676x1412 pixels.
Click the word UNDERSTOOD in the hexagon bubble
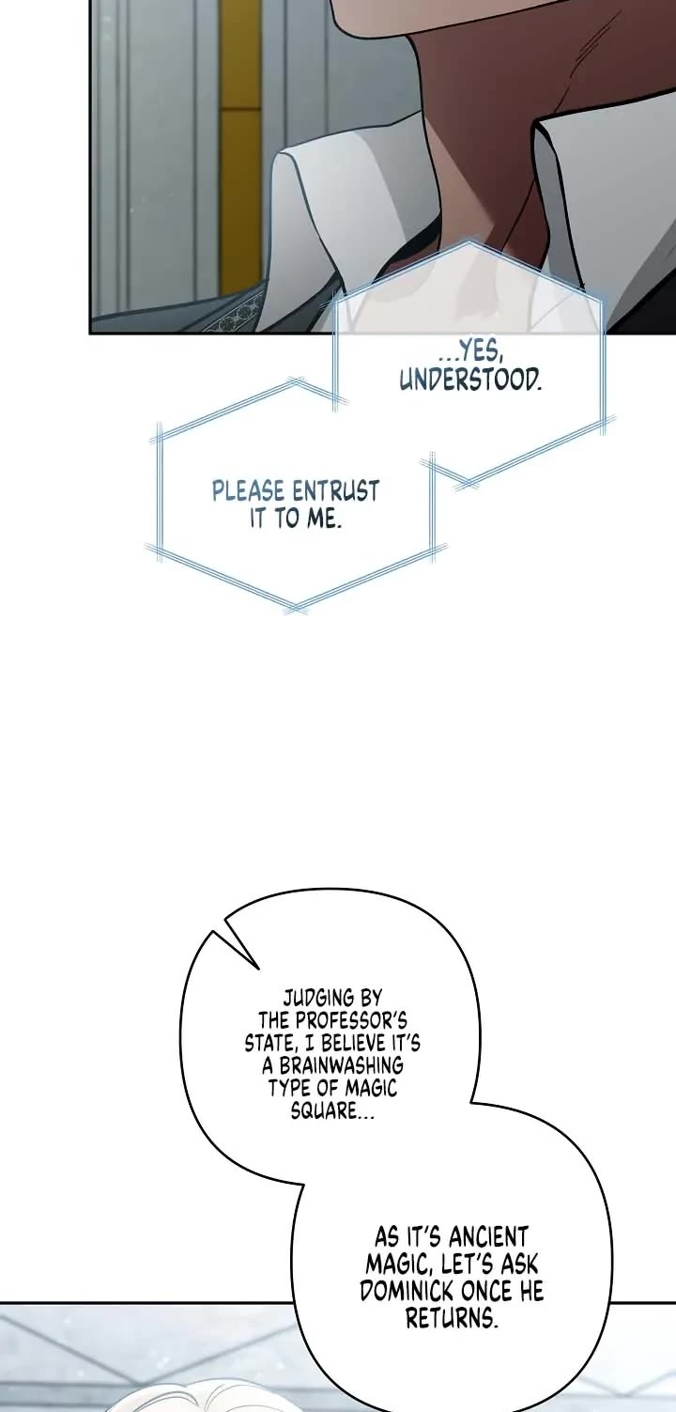(470, 380)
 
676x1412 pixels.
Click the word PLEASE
(250, 491)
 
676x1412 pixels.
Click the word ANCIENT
(485, 1236)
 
